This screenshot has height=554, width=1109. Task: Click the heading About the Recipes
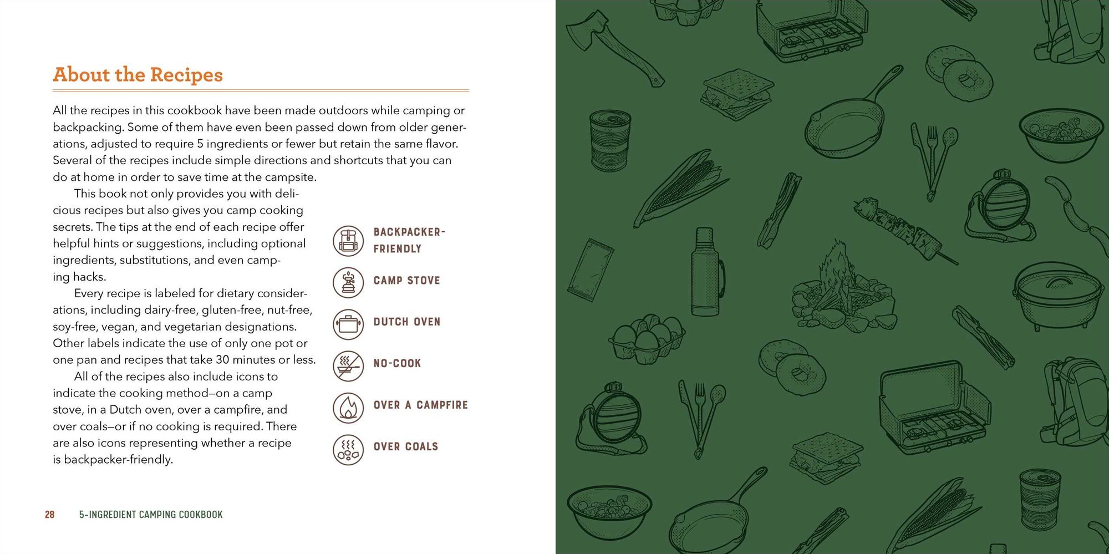coord(138,75)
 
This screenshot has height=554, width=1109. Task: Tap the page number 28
coord(49,515)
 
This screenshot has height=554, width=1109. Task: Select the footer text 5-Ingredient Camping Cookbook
coord(151,515)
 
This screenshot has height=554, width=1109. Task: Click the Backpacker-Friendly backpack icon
coord(348,241)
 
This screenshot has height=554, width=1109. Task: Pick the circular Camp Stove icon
coord(348,282)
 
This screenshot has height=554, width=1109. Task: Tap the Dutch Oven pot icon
coord(348,324)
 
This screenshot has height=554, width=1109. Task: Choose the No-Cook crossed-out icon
coord(348,365)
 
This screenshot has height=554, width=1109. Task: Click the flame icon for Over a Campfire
coord(348,407)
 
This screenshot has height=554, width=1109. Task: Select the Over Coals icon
coord(348,449)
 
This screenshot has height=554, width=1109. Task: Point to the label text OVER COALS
coord(405,447)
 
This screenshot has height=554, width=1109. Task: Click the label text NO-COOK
coord(397,364)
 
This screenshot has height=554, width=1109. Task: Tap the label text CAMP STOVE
coord(406,281)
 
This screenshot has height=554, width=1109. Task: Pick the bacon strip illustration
coord(780,211)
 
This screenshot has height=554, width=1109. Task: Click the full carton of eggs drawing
coord(647,338)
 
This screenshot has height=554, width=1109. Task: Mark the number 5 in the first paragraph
coord(200,144)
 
